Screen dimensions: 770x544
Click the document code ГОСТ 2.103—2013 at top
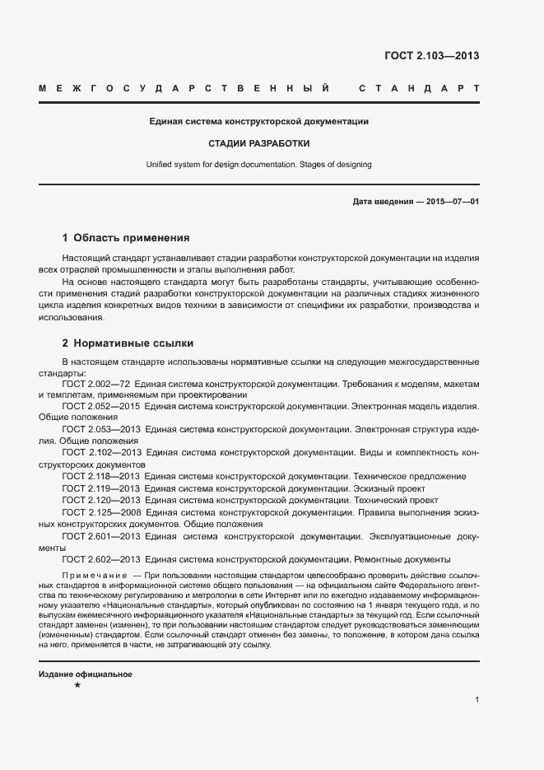[431, 56]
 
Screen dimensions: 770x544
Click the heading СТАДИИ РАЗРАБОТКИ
[258, 142]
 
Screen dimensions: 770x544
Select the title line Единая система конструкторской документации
[258, 121]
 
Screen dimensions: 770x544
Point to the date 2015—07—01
[453, 202]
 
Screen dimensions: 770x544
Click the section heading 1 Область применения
[126, 237]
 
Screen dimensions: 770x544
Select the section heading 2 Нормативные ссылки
[128, 343]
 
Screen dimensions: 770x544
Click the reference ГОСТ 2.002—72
[95, 385]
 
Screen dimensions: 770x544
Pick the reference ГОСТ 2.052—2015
[101, 406]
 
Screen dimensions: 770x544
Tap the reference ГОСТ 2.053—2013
[101, 429]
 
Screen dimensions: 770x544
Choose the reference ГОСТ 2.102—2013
[101, 453]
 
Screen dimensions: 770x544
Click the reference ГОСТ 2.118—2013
[101, 476]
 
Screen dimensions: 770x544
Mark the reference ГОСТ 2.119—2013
[101, 488]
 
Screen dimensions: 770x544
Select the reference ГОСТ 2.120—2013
[101, 500]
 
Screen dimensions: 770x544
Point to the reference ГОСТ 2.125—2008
[101, 511]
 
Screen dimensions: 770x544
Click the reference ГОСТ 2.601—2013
[101, 535]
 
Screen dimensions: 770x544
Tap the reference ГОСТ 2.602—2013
[101, 559]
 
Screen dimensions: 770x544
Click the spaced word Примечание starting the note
[94, 574]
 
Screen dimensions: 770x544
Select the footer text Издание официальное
[86, 674]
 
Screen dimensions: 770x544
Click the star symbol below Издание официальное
[77, 685]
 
